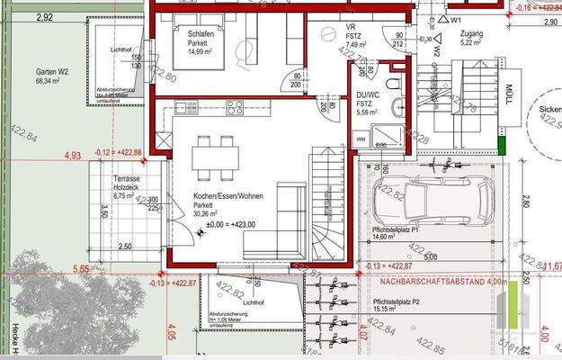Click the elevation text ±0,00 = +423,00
click(231, 224)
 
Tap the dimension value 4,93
click(73, 155)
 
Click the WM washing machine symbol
click(361, 139)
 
